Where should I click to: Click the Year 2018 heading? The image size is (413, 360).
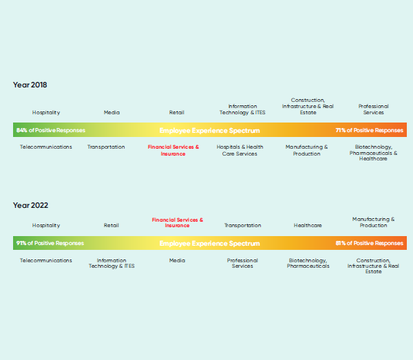click(x=30, y=85)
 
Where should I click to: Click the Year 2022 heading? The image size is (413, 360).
click(x=30, y=205)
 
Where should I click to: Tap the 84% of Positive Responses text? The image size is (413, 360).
click(x=51, y=130)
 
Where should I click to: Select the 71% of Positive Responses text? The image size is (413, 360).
click(x=369, y=130)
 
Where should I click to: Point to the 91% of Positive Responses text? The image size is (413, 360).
click(x=50, y=243)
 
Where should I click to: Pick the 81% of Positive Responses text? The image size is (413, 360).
click(x=369, y=243)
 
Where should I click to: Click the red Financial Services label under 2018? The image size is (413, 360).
click(x=173, y=150)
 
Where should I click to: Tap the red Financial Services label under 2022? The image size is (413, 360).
click(x=178, y=222)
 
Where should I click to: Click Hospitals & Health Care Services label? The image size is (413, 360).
click(x=240, y=150)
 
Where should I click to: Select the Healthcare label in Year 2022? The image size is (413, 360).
click(x=308, y=225)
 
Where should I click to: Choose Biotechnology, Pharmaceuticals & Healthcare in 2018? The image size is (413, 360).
click(x=373, y=153)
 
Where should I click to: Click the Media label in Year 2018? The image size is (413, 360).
click(x=112, y=112)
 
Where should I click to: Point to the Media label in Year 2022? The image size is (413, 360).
click(x=177, y=260)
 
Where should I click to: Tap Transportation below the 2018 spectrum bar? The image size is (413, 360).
click(x=106, y=147)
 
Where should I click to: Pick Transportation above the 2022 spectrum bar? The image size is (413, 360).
click(x=242, y=225)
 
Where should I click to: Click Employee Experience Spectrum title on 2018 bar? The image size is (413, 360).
click(x=210, y=130)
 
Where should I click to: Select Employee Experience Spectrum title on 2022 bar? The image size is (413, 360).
click(x=210, y=244)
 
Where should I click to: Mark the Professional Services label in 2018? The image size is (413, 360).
click(x=374, y=109)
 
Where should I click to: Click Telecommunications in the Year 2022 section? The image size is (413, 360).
click(x=46, y=260)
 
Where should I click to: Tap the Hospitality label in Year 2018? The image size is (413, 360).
click(x=46, y=113)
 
